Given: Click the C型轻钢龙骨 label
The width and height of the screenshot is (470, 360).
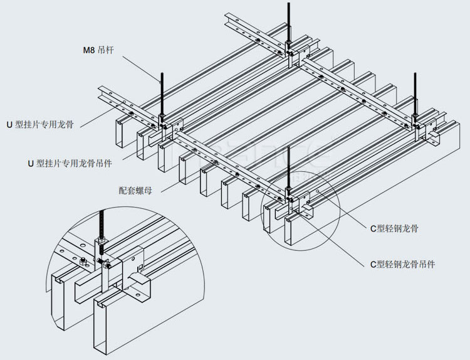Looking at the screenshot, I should coord(394,228).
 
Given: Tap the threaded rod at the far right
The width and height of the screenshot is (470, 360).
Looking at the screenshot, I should coord(415,94).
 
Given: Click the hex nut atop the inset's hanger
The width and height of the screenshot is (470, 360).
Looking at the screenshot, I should coord(100,241).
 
